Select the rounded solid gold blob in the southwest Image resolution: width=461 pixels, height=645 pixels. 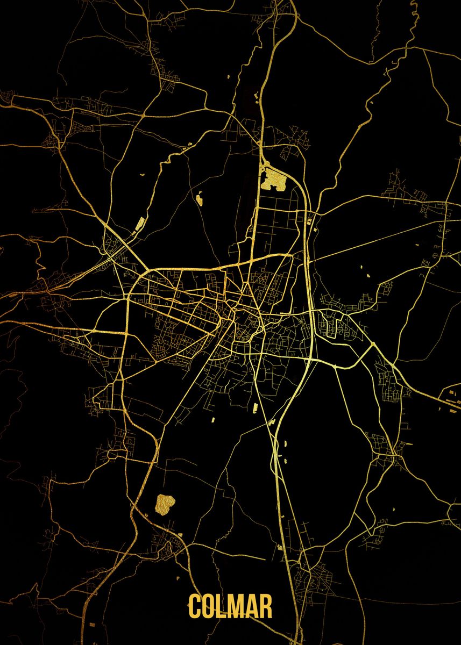coord(165,504)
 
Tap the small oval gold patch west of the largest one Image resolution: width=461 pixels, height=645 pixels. coord(200,200)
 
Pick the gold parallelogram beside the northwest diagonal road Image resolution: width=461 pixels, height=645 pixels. coord(140,223)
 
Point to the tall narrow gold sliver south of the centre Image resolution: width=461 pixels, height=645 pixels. coord(253,408)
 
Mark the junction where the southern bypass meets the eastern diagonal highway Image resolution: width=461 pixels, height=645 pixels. coord(373,343)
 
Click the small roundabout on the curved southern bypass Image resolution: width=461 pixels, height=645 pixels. coord(335,367)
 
